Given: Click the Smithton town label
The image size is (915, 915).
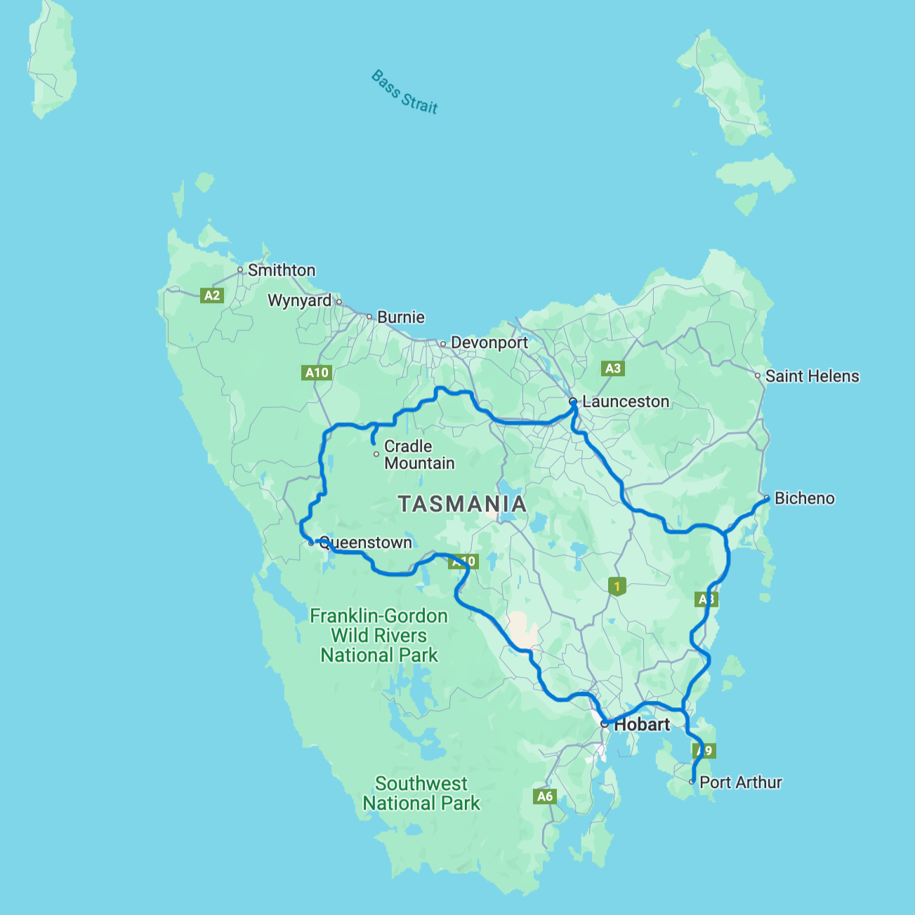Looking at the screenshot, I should (x=281, y=270).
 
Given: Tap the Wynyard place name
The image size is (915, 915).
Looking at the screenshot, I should (x=299, y=300).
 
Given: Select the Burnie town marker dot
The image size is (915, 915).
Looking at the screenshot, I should (x=369, y=316).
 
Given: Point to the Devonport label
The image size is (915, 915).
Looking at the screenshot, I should (x=489, y=343).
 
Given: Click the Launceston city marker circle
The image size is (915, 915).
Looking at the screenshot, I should (x=573, y=401).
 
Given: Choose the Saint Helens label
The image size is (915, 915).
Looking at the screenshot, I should (x=812, y=376).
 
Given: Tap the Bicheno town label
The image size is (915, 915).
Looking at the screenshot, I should (x=804, y=498).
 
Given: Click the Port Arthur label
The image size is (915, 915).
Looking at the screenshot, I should (x=740, y=782).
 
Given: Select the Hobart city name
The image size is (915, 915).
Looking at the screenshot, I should (x=642, y=725).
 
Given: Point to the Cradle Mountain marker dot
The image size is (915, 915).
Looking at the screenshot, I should (x=376, y=454).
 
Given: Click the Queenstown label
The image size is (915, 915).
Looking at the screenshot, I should (x=365, y=542).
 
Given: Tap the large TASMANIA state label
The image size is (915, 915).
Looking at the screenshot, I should (x=462, y=504).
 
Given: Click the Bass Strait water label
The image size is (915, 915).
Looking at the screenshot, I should (x=404, y=92).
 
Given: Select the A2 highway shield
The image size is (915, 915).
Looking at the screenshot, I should (x=212, y=295).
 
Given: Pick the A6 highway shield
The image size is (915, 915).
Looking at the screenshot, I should (x=545, y=796).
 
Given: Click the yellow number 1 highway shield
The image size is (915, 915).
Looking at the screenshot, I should (x=617, y=586).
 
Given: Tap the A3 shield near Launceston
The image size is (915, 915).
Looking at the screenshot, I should (x=613, y=368).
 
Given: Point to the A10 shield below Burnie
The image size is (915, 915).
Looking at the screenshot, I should (x=317, y=373).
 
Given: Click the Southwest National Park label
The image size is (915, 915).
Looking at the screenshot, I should (x=421, y=794).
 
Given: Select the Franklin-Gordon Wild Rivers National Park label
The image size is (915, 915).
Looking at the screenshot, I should (x=379, y=636).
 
